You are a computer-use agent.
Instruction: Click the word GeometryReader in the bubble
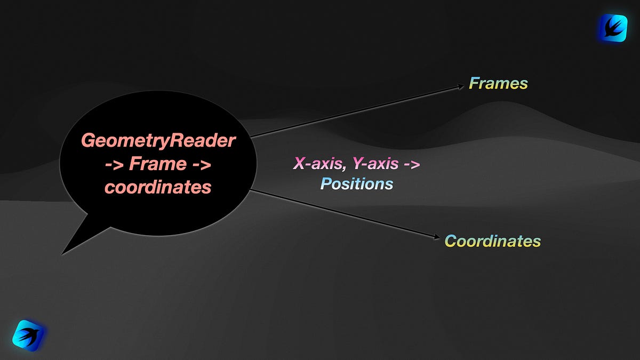click(x=158, y=141)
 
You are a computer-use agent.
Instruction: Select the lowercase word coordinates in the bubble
click(x=158, y=188)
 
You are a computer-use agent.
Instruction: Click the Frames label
click(x=498, y=84)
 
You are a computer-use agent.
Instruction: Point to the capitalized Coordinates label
click(x=493, y=241)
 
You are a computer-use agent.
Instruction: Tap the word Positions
click(x=356, y=185)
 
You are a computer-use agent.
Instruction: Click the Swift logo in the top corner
click(x=613, y=28)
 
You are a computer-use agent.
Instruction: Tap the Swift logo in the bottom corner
click(x=27, y=335)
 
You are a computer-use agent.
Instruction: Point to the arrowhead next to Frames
click(x=460, y=86)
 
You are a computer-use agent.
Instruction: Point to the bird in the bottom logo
click(x=27, y=335)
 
